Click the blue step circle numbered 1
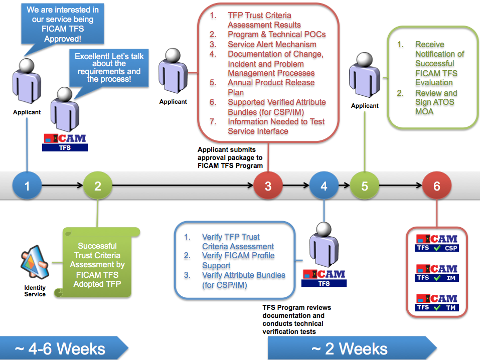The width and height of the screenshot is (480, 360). coord(27,186)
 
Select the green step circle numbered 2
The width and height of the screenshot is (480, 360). coord(98,186)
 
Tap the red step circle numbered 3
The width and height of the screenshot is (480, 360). coord(268,186)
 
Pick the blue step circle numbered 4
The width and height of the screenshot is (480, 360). coord(324,186)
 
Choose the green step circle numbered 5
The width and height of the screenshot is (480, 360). coord(365,186)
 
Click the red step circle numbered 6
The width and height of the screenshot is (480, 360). coord(437,186)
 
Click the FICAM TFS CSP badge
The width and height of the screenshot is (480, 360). coord(436,243)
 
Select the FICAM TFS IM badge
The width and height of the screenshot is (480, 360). coord(436,273)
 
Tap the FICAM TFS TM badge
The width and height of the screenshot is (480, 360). coord(436,302)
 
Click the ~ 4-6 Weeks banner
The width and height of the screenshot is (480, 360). coord(60,348)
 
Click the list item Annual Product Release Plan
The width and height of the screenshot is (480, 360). coord(271,87)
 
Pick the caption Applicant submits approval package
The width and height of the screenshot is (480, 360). coord(230,157)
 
